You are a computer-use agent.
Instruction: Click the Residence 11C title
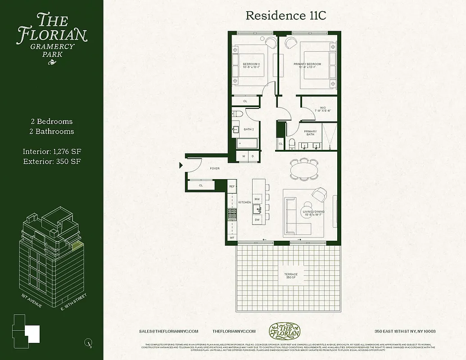click(285, 15)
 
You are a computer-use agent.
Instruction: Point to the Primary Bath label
click(310, 133)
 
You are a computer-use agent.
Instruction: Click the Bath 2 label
click(249, 129)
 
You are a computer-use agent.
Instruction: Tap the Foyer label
click(215, 169)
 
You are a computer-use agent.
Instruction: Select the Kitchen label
click(244, 202)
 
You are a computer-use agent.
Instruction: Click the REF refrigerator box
click(232, 186)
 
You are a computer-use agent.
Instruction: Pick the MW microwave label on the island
click(258, 198)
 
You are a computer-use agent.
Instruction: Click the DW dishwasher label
click(258, 220)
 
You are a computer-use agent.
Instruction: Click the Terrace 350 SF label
click(291, 276)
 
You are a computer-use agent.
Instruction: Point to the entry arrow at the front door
click(181, 166)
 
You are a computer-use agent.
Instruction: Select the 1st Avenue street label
click(32, 301)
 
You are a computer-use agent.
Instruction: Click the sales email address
click(169, 331)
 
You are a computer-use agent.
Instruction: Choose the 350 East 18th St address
click(405, 331)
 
